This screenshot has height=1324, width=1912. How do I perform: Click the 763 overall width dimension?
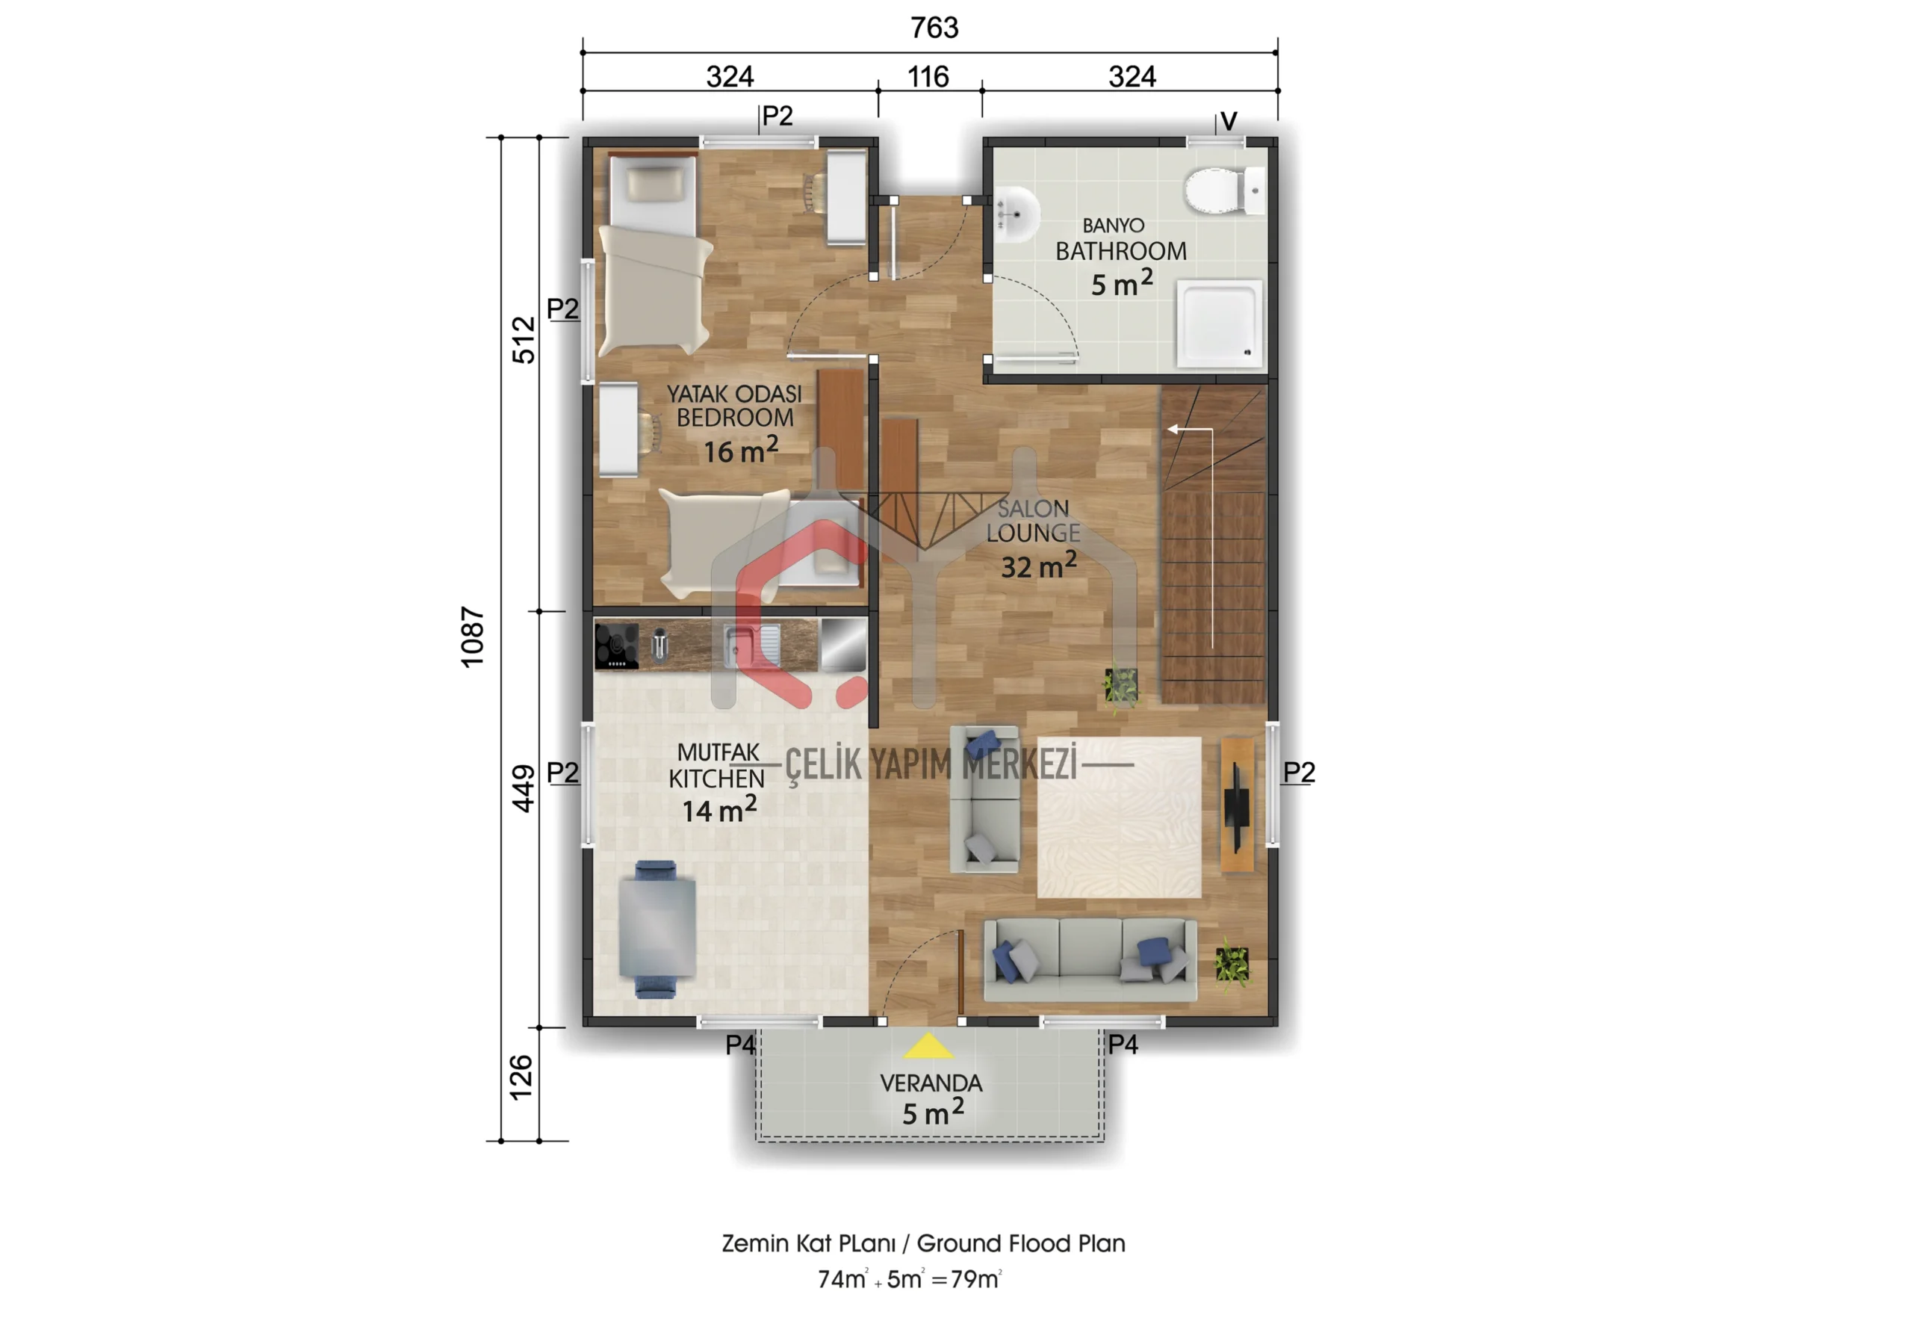[x=934, y=28]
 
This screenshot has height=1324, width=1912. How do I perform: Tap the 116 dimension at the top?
[x=927, y=77]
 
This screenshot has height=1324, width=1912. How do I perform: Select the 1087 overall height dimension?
[x=472, y=637]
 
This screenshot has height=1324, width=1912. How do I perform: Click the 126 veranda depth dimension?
[x=520, y=1077]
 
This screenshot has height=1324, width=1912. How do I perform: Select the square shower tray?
[x=1219, y=324]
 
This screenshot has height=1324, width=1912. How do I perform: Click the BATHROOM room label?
[x=1120, y=250]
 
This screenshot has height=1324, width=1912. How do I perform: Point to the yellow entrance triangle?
[x=928, y=1046]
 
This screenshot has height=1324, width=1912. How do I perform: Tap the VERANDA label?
[x=931, y=1083]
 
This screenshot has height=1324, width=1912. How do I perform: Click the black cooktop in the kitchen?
[x=617, y=646]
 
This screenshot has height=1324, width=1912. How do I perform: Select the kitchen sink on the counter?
[x=751, y=646]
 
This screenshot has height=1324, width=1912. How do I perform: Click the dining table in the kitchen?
[x=657, y=928]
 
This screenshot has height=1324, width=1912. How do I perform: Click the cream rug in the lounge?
[x=1119, y=817]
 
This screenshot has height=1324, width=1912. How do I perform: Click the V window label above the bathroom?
[x=1229, y=121]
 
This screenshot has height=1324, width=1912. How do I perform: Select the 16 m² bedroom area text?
[x=740, y=450]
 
